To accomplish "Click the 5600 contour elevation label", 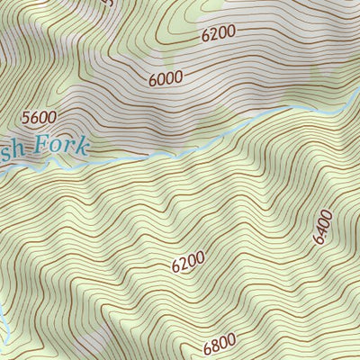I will pos(40,117).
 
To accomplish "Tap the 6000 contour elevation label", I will pos(166,78).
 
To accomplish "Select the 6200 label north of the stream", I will pos(218,34).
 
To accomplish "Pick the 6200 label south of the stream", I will pos(188,262).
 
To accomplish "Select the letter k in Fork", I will pos(84,147).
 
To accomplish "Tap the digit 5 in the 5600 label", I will pos(26,117).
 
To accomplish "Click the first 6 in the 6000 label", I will pos(152,80).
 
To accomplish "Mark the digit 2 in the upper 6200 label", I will pos(213,35).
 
